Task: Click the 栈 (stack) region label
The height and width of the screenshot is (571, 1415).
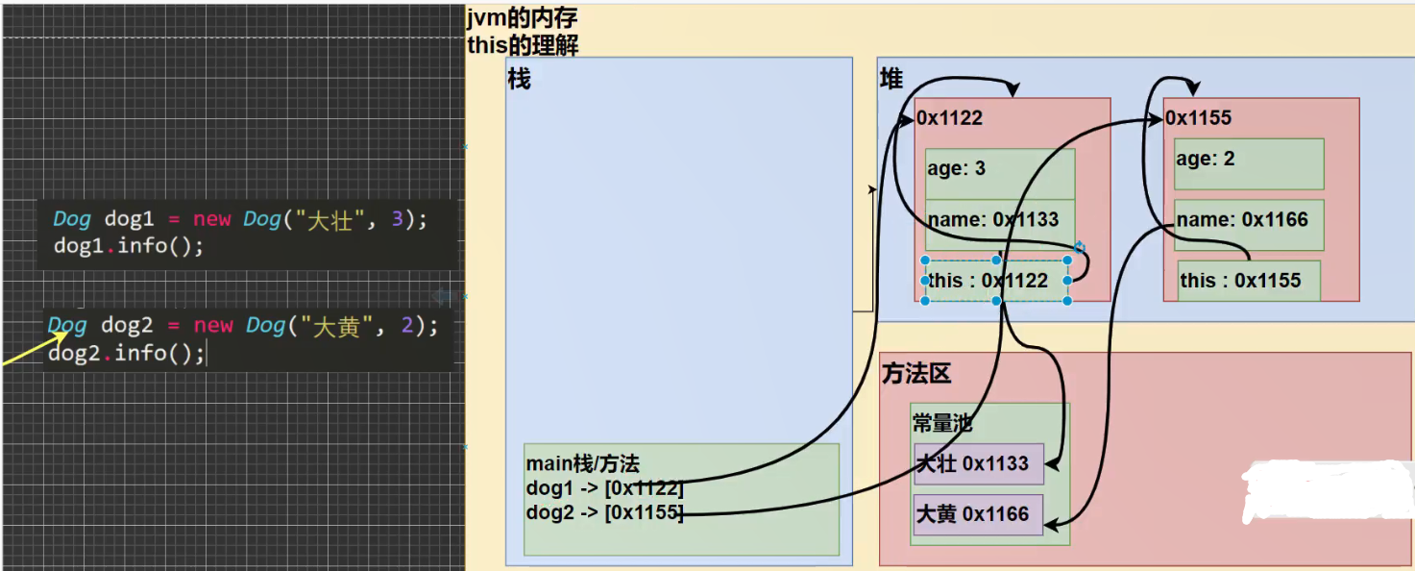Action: point(519,79)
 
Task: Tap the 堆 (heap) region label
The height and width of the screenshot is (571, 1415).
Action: point(891,79)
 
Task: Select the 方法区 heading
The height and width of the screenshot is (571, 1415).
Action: point(916,374)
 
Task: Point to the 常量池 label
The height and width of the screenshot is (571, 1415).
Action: point(942,423)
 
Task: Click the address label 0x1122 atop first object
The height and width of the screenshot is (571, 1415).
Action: point(950,118)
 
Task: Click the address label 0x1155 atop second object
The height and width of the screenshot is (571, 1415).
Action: point(1199,118)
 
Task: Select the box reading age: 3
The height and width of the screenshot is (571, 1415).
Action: point(999,170)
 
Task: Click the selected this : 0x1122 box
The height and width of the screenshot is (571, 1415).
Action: point(996,281)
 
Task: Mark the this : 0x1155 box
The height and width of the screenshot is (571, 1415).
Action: point(1247,281)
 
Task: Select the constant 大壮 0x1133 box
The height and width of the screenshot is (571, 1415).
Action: point(978,464)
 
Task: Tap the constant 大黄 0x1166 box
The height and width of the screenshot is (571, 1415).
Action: point(978,514)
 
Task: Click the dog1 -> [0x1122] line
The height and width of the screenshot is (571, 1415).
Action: point(604,488)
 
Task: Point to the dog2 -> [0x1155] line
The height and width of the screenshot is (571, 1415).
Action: point(604,512)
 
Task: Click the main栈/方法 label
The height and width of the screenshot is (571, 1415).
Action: point(582,464)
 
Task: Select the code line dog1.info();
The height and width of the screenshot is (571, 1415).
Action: point(129,246)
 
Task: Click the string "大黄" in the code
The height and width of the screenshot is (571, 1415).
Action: point(335,326)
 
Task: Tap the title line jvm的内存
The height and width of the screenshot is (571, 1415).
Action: point(523,18)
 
